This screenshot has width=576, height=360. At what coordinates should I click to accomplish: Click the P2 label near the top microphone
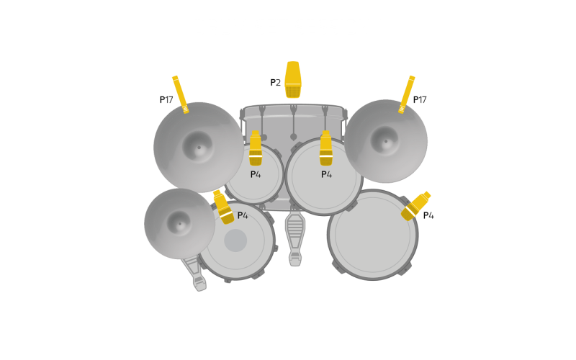276,83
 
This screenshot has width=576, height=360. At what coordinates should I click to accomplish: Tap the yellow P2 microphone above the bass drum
293,80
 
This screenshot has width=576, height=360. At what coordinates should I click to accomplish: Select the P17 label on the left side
166,99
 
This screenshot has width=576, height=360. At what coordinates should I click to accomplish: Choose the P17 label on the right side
420,99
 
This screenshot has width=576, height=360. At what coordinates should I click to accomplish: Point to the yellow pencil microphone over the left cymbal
181,94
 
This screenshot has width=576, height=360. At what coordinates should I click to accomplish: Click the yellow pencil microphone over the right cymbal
407,94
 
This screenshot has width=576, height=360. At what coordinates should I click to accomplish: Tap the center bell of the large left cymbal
199,147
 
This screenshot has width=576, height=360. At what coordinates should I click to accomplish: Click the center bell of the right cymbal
385,140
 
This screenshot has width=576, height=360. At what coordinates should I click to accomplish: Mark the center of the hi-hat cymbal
179,223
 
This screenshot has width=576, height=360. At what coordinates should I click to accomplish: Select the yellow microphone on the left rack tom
256,148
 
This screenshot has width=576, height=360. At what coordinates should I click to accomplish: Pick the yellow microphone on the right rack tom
326,148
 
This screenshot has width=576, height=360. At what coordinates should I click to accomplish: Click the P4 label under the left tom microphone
256,174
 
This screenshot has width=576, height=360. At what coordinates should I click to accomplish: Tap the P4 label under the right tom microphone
327,174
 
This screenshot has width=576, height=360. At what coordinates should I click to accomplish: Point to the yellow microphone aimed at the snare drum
223,207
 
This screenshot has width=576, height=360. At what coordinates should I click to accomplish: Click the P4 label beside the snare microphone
243,215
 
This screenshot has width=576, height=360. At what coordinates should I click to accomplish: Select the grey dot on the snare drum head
235,240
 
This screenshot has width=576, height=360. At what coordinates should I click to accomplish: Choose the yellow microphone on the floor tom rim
416,206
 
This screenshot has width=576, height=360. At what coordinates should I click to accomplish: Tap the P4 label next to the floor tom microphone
428,215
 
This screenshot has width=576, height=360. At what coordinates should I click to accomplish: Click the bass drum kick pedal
295,239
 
